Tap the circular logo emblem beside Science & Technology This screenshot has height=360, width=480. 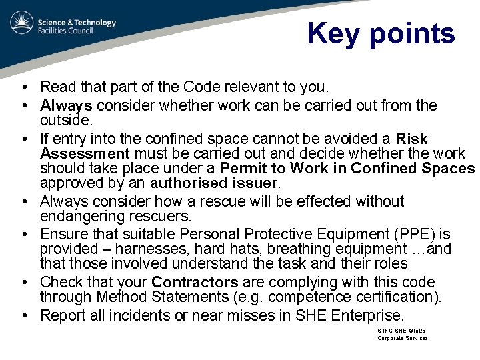tap(22, 23)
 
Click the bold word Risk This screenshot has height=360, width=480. tap(411, 139)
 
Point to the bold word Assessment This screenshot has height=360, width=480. tap(84, 153)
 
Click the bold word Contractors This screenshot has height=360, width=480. tap(195, 282)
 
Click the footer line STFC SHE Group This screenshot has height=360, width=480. tap(401, 331)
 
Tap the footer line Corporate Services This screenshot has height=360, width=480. tap(403, 338)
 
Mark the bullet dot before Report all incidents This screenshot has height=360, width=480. tap(23, 315)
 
